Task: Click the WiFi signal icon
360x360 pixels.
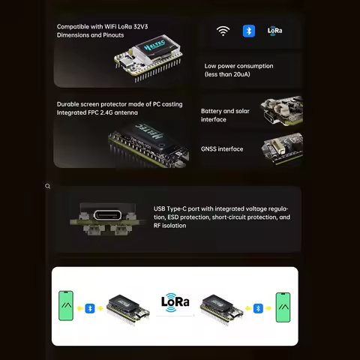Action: [x=223, y=31]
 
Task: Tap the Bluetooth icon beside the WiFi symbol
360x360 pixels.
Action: [x=248, y=31]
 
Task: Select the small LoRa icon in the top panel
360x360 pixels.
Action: [x=274, y=31]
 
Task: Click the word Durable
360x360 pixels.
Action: [x=69, y=104]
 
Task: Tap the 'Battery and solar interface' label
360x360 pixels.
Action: [x=226, y=115]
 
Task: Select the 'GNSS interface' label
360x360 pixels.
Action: [x=222, y=148]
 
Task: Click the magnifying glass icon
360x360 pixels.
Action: [x=48, y=186]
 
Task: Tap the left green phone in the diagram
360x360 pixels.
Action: [x=67, y=307]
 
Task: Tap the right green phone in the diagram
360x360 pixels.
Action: [x=283, y=307]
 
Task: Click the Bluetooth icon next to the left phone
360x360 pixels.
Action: [x=91, y=307]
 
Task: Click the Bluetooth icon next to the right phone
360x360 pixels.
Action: [x=259, y=307]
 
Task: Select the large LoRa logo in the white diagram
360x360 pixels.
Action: [x=175, y=302]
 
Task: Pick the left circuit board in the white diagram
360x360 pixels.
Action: [x=127, y=307]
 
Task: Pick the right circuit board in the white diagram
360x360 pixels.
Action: [x=222, y=307]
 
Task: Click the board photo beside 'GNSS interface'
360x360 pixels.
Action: [x=281, y=148]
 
